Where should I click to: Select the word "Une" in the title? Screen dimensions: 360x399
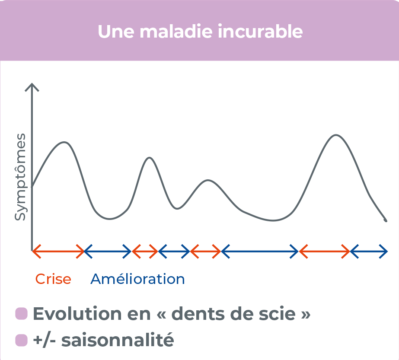click(x=114, y=32)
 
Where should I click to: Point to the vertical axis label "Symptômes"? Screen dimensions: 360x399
click(x=20, y=177)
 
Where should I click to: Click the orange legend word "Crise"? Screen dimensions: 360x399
click(x=53, y=279)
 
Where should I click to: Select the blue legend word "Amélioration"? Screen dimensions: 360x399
click(x=137, y=279)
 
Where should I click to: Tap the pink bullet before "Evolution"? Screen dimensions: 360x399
click(x=21, y=314)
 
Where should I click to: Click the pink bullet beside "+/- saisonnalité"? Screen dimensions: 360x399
click(x=21, y=341)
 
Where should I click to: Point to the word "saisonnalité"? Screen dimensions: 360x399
click(x=118, y=341)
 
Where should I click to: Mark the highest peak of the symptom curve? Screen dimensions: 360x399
click(x=336, y=135)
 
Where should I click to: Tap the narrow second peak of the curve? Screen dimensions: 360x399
click(x=149, y=158)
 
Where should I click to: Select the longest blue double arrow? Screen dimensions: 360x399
click(x=259, y=251)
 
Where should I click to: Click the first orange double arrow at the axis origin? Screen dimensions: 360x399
click(x=58, y=251)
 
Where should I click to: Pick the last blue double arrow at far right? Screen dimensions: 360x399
click(x=369, y=251)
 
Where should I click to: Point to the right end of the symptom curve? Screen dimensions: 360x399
click(x=385, y=220)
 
